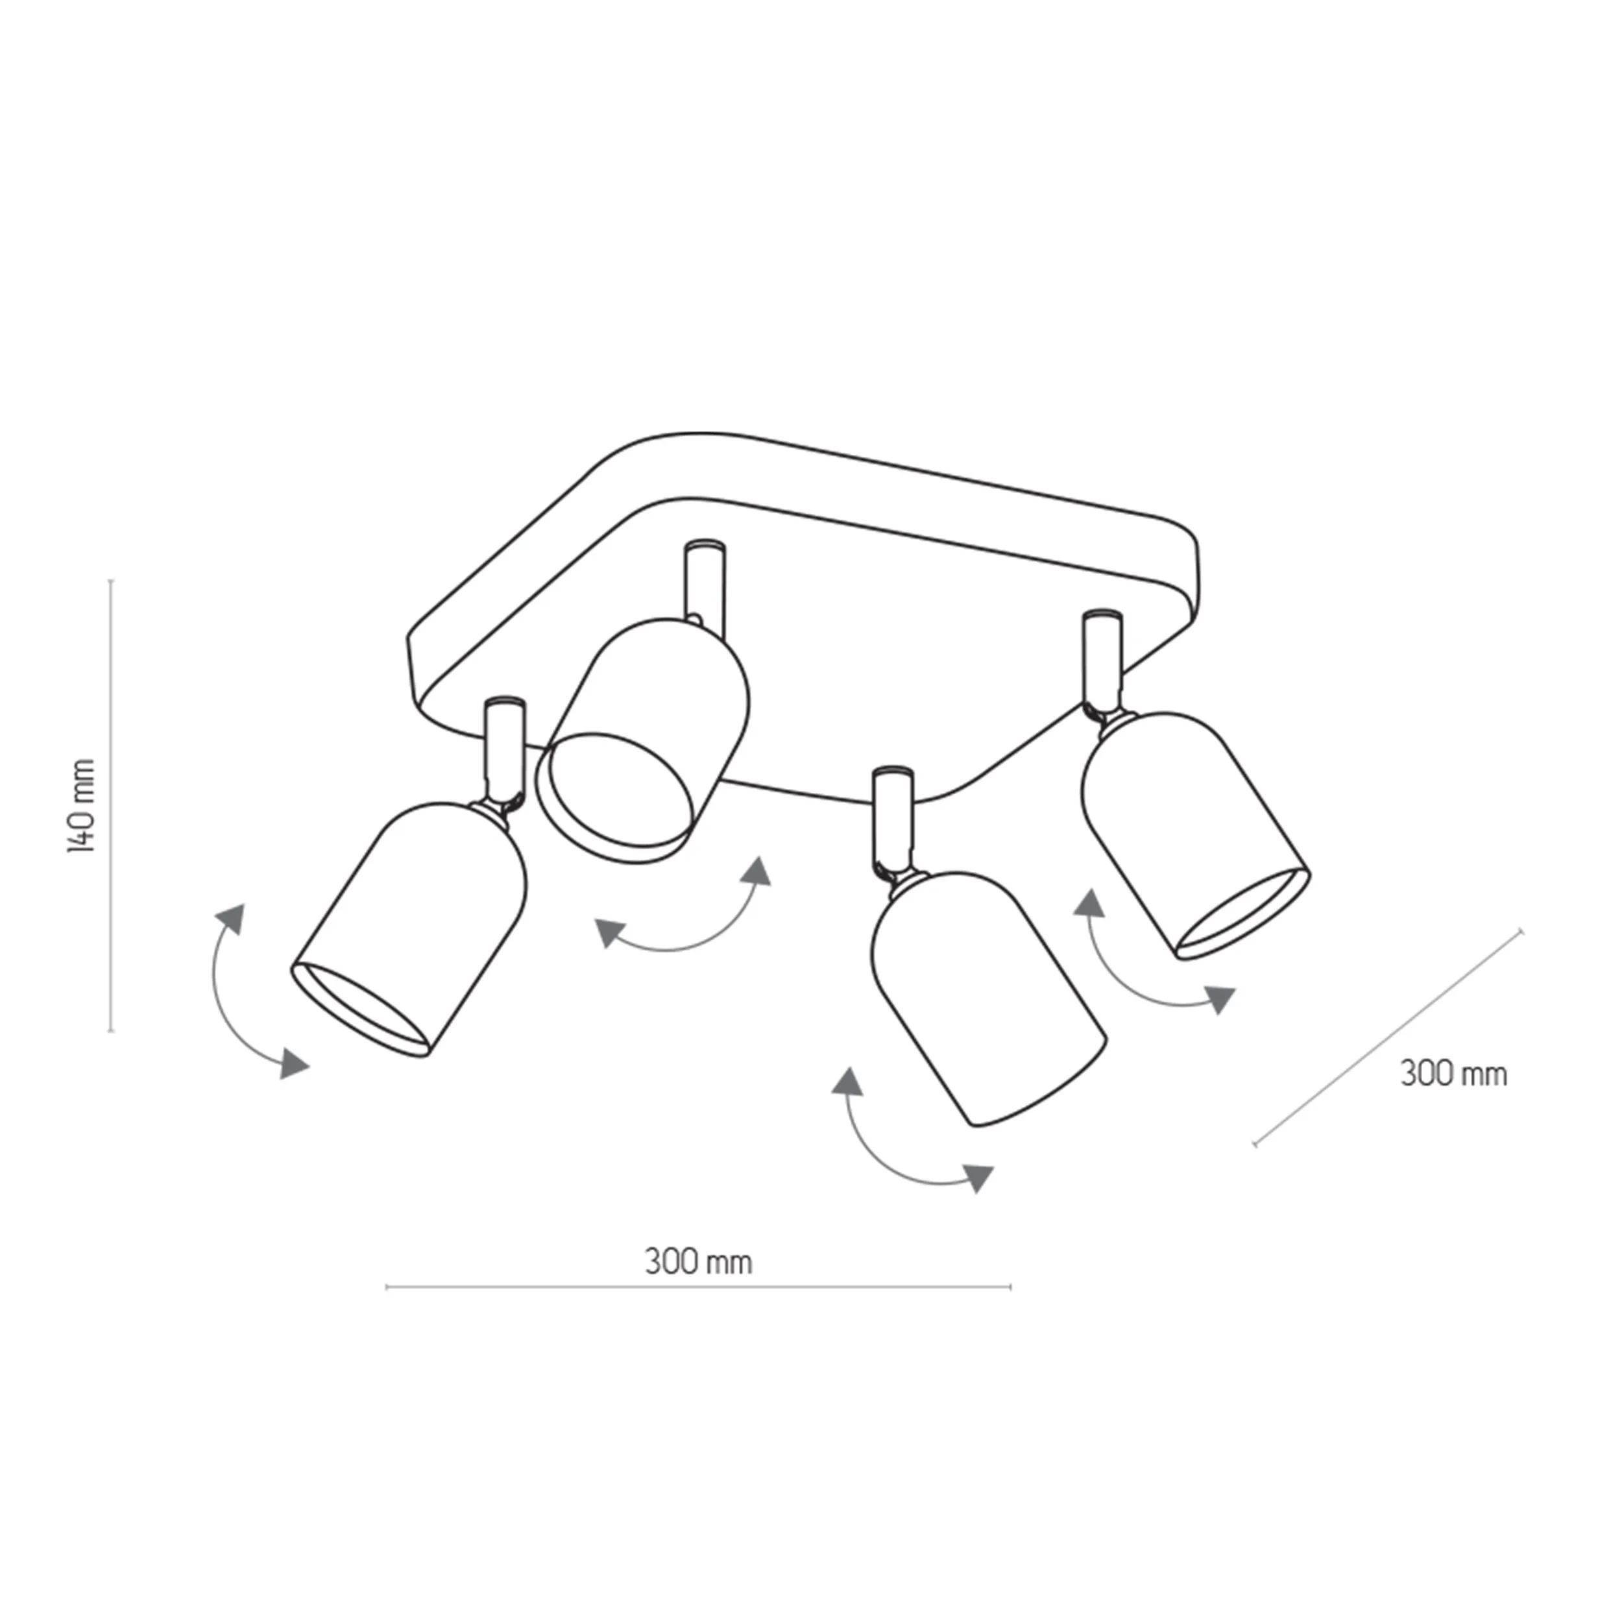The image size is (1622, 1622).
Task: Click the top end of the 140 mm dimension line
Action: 112,579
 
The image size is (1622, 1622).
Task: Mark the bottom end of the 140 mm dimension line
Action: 112,1031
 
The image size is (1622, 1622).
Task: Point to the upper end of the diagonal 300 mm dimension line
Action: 1521,930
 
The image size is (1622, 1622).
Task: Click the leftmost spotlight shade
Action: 409,928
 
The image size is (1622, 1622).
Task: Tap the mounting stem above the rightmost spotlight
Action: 1102,666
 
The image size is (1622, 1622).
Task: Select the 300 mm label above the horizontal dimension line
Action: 699,1262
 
